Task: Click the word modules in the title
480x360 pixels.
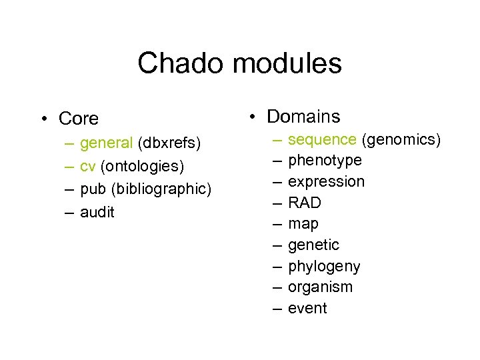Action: (287, 64)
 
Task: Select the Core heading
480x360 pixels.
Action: (79, 119)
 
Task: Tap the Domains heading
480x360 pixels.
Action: (303, 117)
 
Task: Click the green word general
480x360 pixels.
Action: (107, 143)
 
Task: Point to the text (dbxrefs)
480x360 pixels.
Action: (169, 143)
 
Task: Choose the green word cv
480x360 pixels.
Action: (88, 166)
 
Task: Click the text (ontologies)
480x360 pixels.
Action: (142, 166)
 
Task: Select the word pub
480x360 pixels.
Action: (93, 189)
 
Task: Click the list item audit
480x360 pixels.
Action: (97, 212)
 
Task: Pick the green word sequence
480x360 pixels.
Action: (322, 139)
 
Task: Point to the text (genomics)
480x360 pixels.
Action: (401, 139)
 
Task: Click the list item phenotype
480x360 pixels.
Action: (325, 161)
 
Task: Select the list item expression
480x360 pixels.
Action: (326, 182)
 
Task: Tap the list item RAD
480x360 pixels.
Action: (304, 203)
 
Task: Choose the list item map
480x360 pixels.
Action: (303, 224)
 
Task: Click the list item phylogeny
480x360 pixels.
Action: (324, 267)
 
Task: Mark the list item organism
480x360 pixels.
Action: (320, 287)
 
